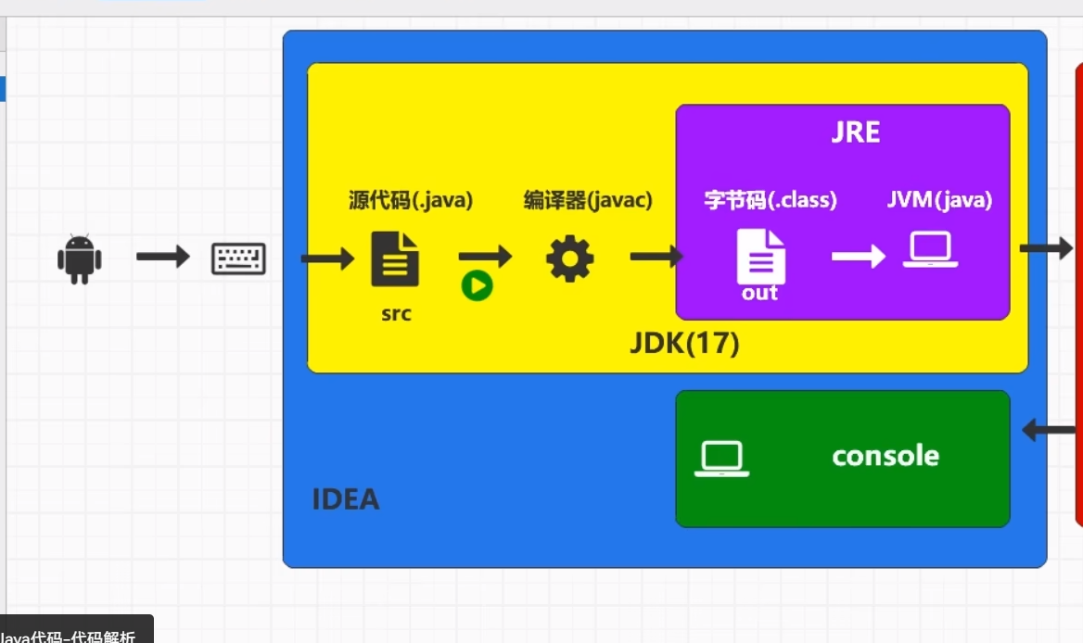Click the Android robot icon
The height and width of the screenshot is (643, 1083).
pos(79,258)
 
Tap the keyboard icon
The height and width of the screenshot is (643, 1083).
pos(238,258)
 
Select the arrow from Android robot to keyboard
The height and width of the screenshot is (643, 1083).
pos(162,256)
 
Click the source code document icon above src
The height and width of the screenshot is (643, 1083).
pos(395,258)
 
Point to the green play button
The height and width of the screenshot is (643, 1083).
pos(478,286)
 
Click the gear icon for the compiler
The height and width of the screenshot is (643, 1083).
pos(569,258)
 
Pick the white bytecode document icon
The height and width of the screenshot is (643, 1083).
pos(760,257)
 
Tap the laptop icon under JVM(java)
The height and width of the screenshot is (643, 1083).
pos(930,251)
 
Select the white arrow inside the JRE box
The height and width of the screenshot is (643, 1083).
pos(858,256)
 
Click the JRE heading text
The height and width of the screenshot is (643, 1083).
pos(855,132)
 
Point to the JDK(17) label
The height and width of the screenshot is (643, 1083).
pos(684,344)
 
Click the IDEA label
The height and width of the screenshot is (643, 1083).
pos(345,500)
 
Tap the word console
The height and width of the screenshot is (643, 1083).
pos(886,456)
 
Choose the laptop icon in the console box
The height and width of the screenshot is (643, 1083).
pos(721,460)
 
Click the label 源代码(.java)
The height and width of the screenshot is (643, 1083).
pos(411,200)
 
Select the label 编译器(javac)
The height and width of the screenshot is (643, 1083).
pos(588,200)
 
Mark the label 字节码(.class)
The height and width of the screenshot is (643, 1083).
pos(771,200)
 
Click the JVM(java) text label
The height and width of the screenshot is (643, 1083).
pos(938,200)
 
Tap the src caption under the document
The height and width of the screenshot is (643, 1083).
pos(396,314)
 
